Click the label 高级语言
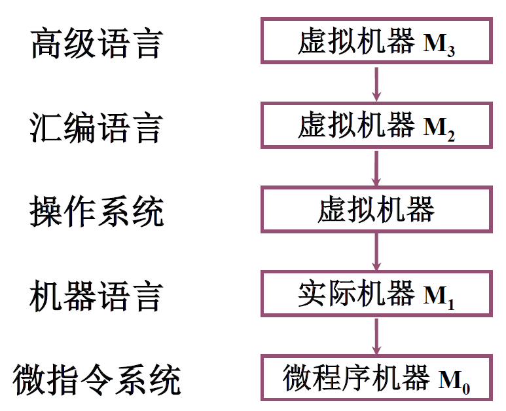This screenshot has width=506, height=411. tap(96, 44)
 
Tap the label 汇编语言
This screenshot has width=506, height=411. tap(96, 128)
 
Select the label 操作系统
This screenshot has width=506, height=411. tap(96, 211)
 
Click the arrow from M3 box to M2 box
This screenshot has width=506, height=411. tap(376, 83)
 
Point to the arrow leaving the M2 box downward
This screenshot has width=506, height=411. tap(376, 167)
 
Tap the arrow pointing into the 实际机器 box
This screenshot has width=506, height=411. tap(376, 252)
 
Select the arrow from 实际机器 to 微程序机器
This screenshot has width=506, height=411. tap(376, 336)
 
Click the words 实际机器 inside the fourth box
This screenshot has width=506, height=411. tap(356, 294)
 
